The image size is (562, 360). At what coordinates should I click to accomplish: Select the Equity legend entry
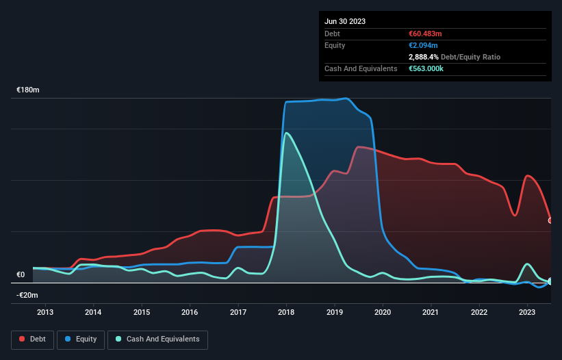[x=81, y=339]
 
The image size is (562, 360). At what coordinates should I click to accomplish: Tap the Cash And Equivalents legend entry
[x=157, y=339]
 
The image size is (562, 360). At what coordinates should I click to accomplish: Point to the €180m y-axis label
[x=28, y=90]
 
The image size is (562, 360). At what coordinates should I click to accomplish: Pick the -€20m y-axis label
[x=28, y=295]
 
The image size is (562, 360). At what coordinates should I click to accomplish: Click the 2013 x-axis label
[x=45, y=313]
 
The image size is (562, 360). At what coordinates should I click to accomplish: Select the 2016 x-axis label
[x=190, y=313]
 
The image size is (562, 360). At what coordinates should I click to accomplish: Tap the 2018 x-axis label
[x=286, y=313]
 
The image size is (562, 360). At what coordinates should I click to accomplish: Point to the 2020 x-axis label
[x=383, y=313]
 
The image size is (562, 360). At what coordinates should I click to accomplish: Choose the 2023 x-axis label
[x=527, y=313]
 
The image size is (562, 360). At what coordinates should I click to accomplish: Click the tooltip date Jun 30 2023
[x=345, y=21]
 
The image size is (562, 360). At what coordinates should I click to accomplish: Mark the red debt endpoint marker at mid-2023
[x=550, y=220]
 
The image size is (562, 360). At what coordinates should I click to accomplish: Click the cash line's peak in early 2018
[x=286, y=133]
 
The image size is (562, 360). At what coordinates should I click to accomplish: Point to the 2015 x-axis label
[x=142, y=313]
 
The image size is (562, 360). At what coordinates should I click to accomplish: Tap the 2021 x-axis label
[x=431, y=313]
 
